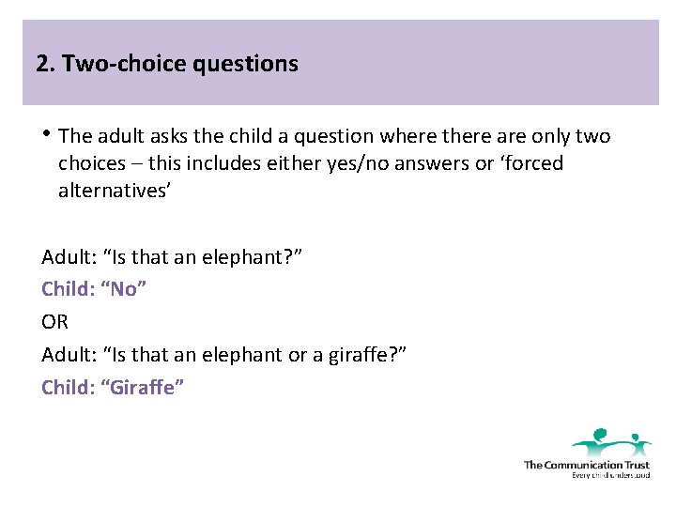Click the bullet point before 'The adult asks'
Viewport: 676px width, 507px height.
point(47,137)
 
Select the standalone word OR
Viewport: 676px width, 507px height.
point(55,322)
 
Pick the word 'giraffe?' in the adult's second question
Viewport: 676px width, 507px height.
point(370,355)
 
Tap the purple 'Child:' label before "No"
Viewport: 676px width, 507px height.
point(69,289)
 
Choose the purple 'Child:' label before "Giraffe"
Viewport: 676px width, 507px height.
point(69,387)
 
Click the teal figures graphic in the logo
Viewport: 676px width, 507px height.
point(610,440)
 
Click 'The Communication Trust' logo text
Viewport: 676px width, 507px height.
point(586,464)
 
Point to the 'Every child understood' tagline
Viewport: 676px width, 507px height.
point(610,475)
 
